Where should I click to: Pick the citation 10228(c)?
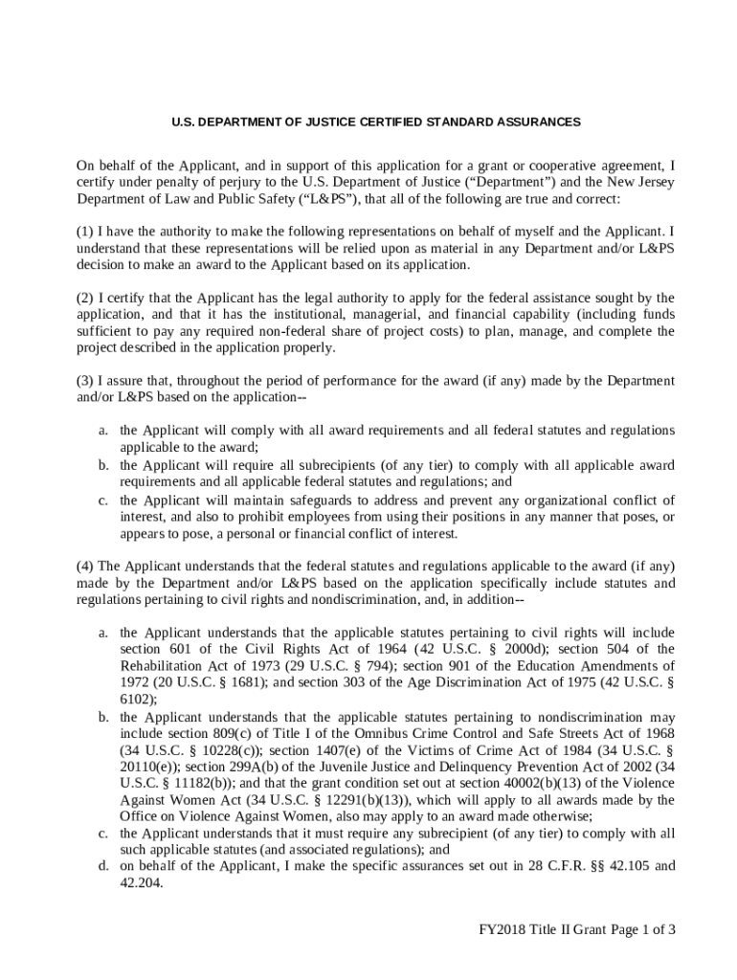[x=208, y=749]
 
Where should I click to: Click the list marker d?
[x=101, y=866]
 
